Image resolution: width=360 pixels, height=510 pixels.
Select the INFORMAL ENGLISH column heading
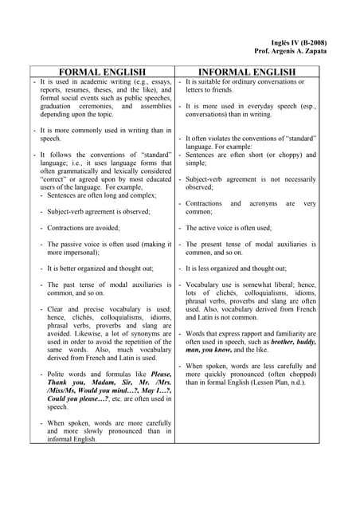point(248,72)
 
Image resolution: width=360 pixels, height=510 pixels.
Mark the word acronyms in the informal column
point(254,203)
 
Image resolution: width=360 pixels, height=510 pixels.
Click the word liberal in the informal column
point(288,284)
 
